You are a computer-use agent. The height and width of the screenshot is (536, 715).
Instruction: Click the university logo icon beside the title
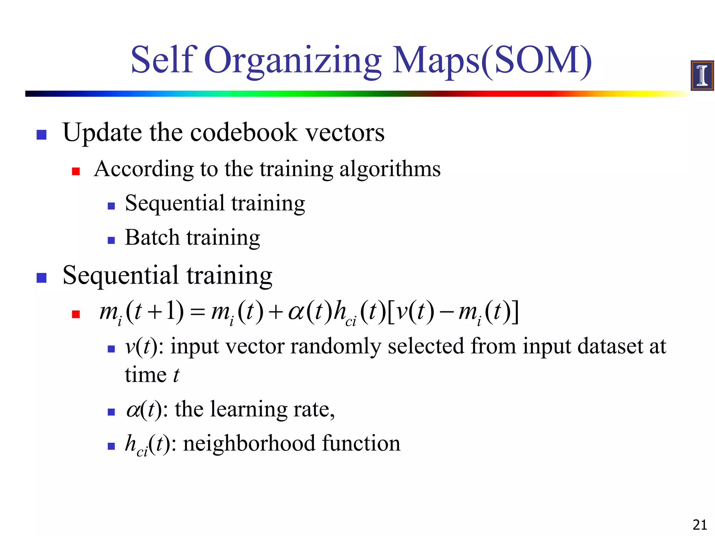(x=702, y=75)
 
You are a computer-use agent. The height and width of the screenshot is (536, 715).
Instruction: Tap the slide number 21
(x=699, y=525)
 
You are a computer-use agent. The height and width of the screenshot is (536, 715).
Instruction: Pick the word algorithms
(x=390, y=170)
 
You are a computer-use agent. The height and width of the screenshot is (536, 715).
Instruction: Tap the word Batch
(x=152, y=238)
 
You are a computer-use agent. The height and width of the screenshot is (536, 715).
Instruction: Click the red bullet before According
(x=76, y=171)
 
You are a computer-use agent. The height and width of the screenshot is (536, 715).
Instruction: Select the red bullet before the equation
(x=76, y=314)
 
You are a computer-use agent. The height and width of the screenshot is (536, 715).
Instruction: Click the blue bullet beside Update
(x=42, y=135)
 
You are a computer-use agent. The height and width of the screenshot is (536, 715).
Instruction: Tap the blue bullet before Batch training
(x=111, y=240)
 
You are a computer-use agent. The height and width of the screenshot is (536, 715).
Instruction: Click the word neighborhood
(x=249, y=444)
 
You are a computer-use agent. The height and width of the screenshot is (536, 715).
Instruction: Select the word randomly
(x=336, y=347)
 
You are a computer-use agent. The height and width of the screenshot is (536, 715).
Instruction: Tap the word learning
(x=249, y=410)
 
